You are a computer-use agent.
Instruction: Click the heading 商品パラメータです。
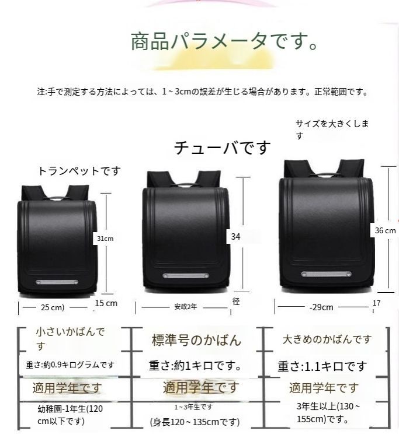[x=224, y=42]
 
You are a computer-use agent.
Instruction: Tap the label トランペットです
[x=79, y=171]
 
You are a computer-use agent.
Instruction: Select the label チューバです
[x=223, y=148]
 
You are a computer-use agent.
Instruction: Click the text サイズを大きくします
[x=333, y=129]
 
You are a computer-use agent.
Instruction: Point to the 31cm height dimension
[x=105, y=239]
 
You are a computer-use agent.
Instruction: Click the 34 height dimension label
[x=235, y=236]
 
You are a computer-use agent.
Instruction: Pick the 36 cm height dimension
[x=385, y=230]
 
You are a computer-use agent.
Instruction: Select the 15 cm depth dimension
[x=106, y=303]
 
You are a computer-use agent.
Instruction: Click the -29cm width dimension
[x=321, y=307]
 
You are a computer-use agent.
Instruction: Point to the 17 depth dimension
[x=376, y=303]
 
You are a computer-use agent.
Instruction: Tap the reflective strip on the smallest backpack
[x=57, y=282]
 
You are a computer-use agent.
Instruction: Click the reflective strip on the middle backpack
[x=184, y=276]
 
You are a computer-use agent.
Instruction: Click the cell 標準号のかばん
[x=196, y=340]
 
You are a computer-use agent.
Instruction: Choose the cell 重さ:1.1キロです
[x=322, y=367]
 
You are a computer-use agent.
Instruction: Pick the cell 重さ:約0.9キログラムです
[x=70, y=365]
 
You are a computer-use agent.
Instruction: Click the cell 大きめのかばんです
[x=327, y=339]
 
